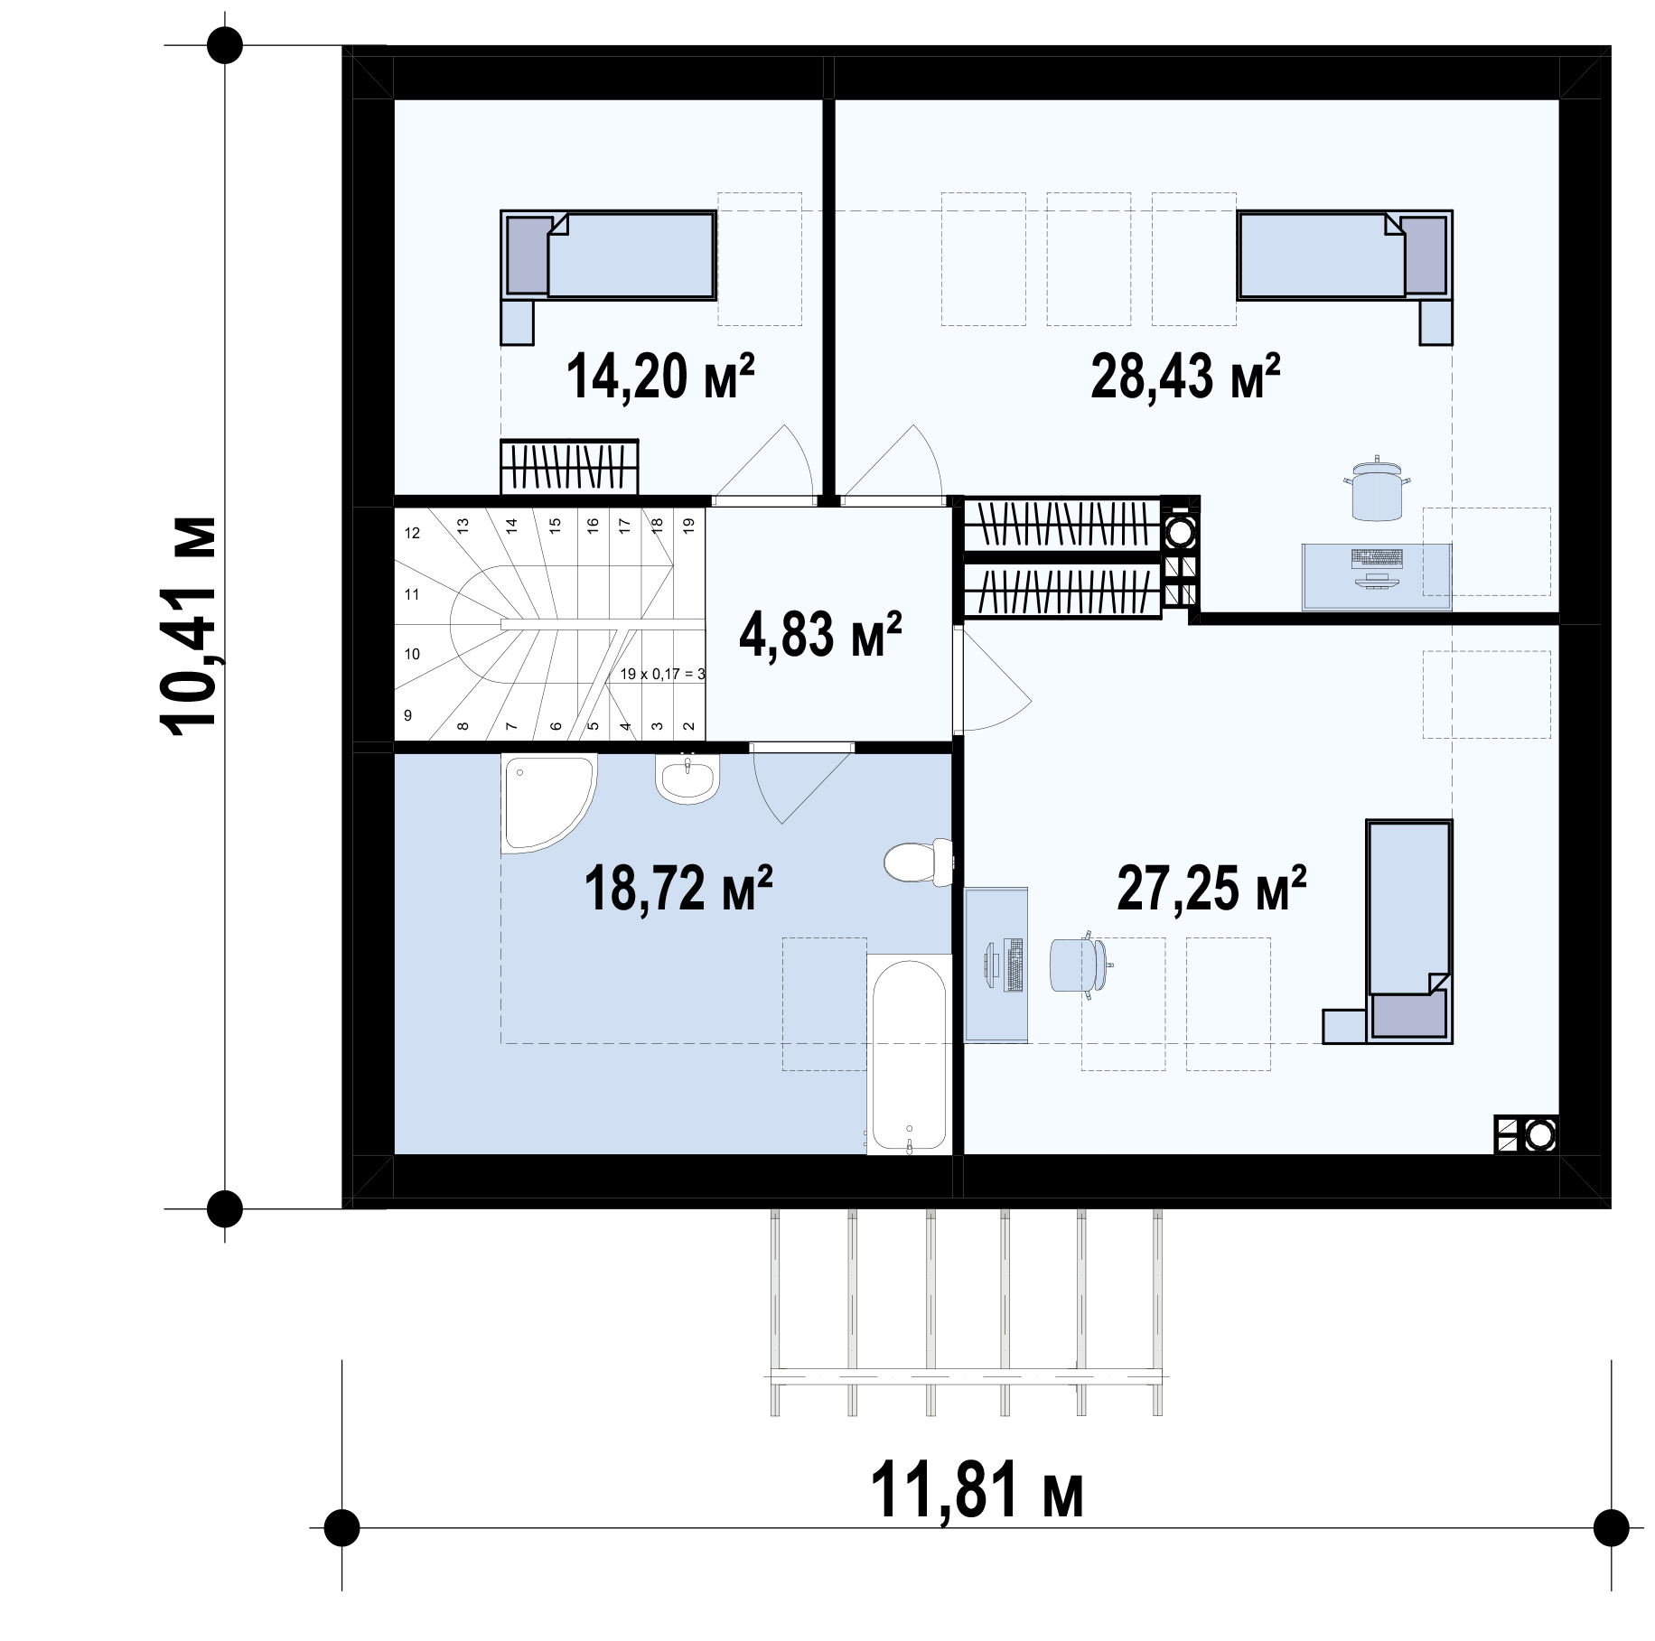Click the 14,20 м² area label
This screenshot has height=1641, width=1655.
(x=660, y=376)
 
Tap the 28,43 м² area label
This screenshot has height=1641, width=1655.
(x=1185, y=376)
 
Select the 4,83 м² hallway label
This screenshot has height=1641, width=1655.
(x=820, y=634)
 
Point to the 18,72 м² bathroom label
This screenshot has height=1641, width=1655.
(x=678, y=889)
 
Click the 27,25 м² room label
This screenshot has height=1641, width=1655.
(x=1211, y=889)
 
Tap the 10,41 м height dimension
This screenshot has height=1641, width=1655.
(x=189, y=624)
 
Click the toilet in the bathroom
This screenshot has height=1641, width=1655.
(x=919, y=861)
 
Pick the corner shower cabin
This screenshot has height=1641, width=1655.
(x=547, y=803)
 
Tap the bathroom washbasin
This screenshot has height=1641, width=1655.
(x=687, y=778)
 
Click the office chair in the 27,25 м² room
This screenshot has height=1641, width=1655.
(x=1080, y=965)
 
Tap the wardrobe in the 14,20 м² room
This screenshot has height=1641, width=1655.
(x=570, y=467)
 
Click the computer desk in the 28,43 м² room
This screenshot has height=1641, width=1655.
(x=1376, y=577)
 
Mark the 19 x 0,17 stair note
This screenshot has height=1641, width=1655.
(x=662, y=674)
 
